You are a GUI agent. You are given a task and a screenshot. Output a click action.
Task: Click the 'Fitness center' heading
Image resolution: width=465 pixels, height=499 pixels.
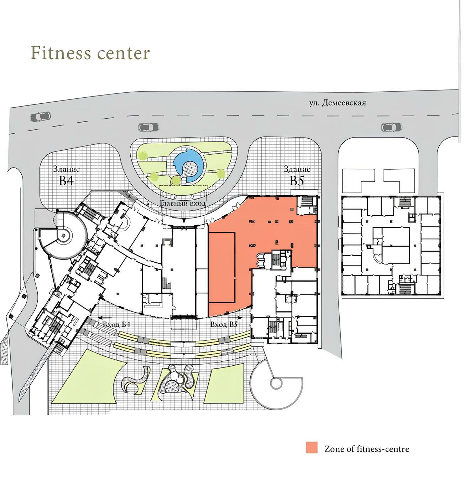(90, 53)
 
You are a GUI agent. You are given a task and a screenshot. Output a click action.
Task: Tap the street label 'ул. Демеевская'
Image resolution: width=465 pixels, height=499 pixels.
(337, 103)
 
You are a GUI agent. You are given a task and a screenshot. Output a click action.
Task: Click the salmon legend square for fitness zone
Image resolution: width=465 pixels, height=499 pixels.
(311, 447)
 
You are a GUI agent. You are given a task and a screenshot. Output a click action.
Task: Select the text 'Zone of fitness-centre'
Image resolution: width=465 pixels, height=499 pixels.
(367, 449)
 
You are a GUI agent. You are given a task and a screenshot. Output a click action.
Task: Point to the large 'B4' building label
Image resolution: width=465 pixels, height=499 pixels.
(66, 180)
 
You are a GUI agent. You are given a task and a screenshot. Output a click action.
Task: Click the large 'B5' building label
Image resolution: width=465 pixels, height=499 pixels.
(297, 180)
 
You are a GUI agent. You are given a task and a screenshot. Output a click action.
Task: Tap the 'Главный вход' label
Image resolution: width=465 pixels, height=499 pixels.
(183, 203)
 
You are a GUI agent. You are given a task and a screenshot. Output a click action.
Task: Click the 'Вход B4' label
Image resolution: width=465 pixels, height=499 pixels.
(116, 324)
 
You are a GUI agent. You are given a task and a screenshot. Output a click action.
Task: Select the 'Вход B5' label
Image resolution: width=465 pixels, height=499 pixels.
(224, 324)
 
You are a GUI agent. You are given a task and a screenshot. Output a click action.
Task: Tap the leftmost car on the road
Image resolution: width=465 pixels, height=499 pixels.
(41, 117)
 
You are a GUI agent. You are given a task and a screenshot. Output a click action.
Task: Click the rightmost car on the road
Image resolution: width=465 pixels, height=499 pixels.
(391, 127)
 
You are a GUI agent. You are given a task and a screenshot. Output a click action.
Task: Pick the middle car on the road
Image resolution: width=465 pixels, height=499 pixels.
(148, 127)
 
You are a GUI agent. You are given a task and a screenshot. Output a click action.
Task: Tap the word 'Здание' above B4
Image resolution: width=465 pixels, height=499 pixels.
(66, 169)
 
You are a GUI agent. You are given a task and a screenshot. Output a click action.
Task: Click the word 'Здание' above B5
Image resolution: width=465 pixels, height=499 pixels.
(297, 169)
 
